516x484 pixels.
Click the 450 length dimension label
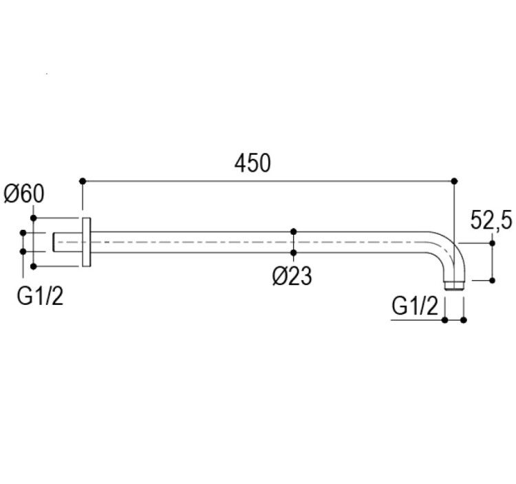coord(252,163)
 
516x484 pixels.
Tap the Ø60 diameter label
coord(23,194)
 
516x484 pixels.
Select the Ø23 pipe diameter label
coord(292,276)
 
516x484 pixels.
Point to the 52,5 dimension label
coord(491,220)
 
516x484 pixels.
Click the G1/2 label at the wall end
coord(40,296)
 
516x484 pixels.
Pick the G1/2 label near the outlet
coord(415,306)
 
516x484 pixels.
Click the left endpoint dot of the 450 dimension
coord(83,181)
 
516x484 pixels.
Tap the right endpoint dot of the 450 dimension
coord(455,181)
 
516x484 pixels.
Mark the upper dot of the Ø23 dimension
coord(294,231)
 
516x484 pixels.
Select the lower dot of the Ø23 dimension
coord(294,253)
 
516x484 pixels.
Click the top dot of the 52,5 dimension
coord(493,243)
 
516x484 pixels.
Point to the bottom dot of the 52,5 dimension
coord(493,280)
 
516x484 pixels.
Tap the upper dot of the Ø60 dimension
coord(33,218)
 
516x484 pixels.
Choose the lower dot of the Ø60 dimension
coord(33,266)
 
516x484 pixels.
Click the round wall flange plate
coord(86,242)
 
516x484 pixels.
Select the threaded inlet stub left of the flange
coord(67,242)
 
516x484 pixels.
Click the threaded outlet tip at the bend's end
coord(455,286)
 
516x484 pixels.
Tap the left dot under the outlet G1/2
coord(445,319)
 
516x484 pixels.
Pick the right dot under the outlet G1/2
coord(464,319)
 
